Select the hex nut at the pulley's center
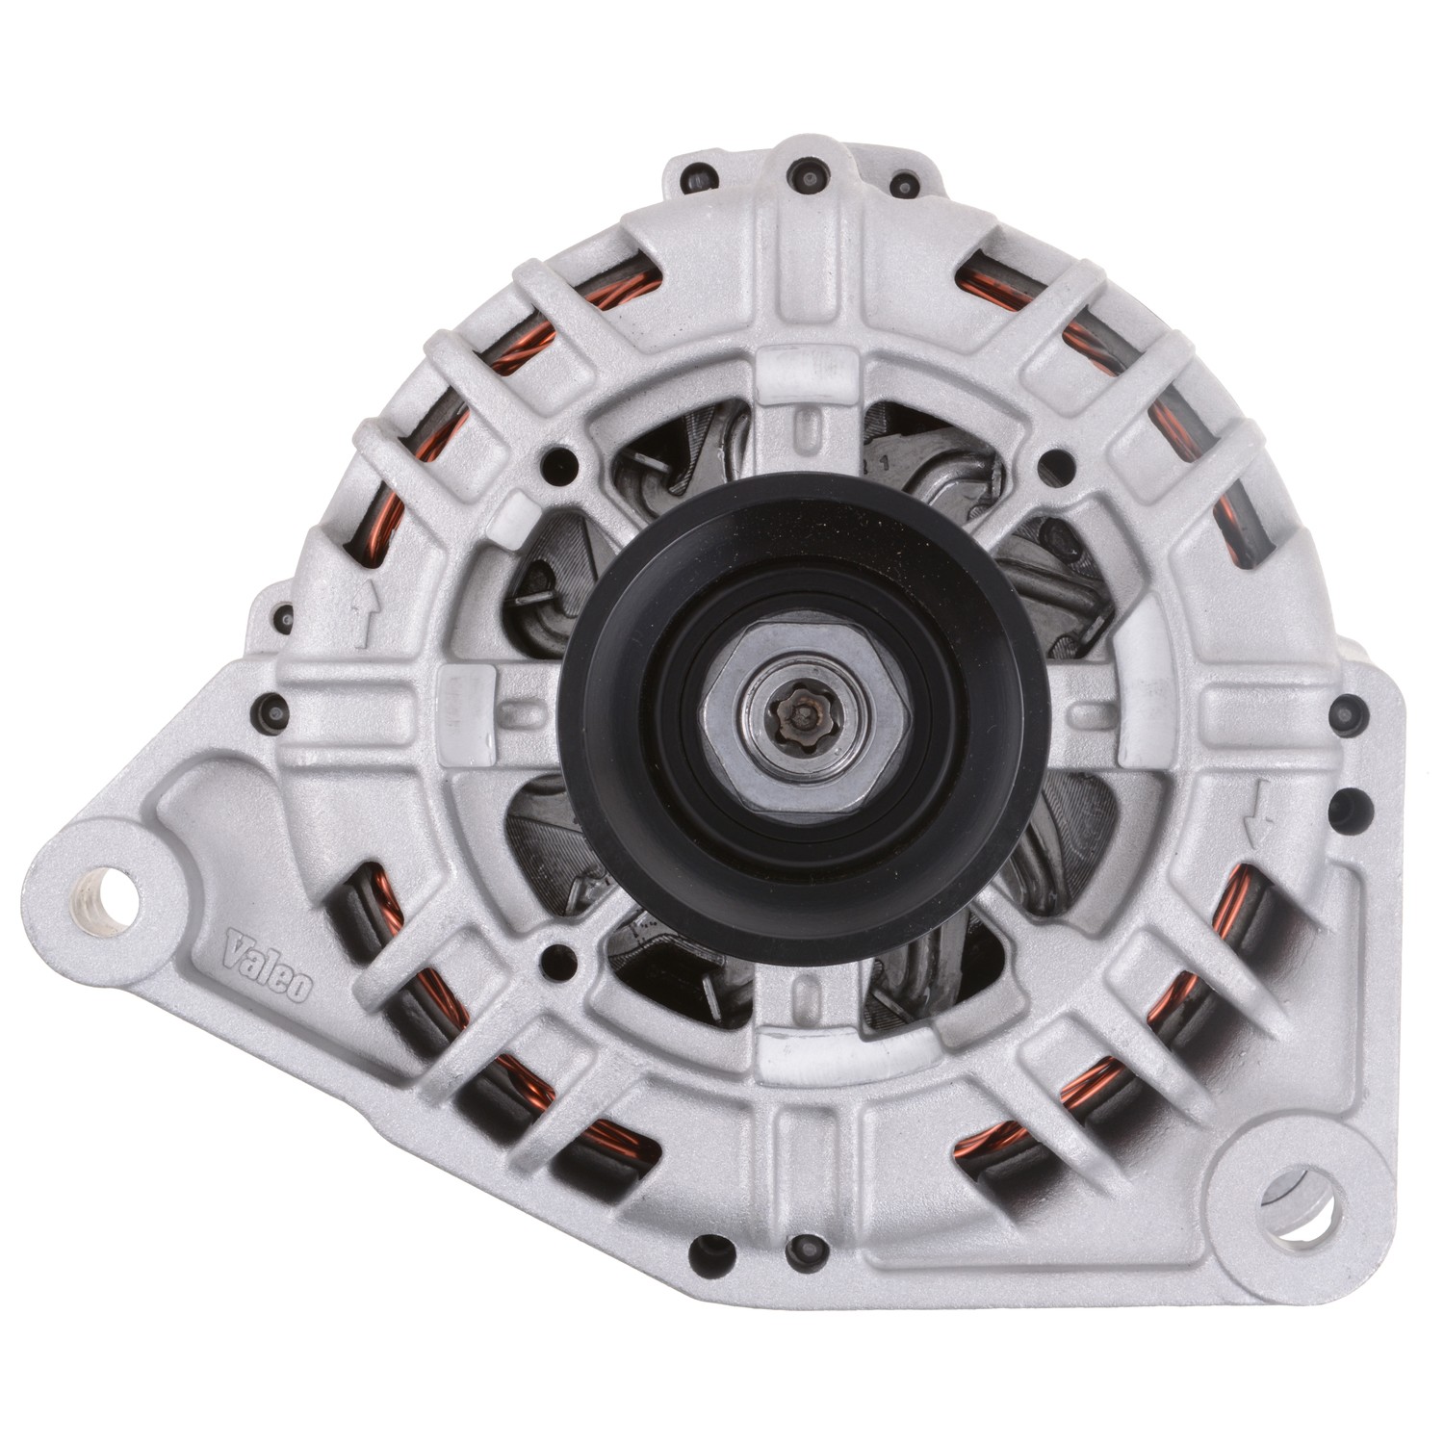[802, 714]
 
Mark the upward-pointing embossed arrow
[364, 614]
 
